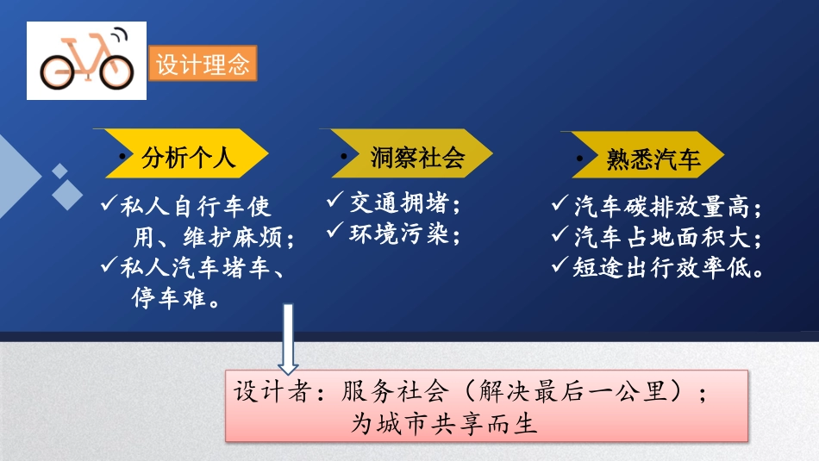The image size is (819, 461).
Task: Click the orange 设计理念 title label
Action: pyautogui.click(x=203, y=65)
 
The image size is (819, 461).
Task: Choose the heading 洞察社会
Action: pyautogui.click(x=417, y=157)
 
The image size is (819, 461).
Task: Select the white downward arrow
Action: pyautogui.click(x=288, y=341)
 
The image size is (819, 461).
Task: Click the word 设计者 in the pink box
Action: pyautogui.click(x=266, y=392)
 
